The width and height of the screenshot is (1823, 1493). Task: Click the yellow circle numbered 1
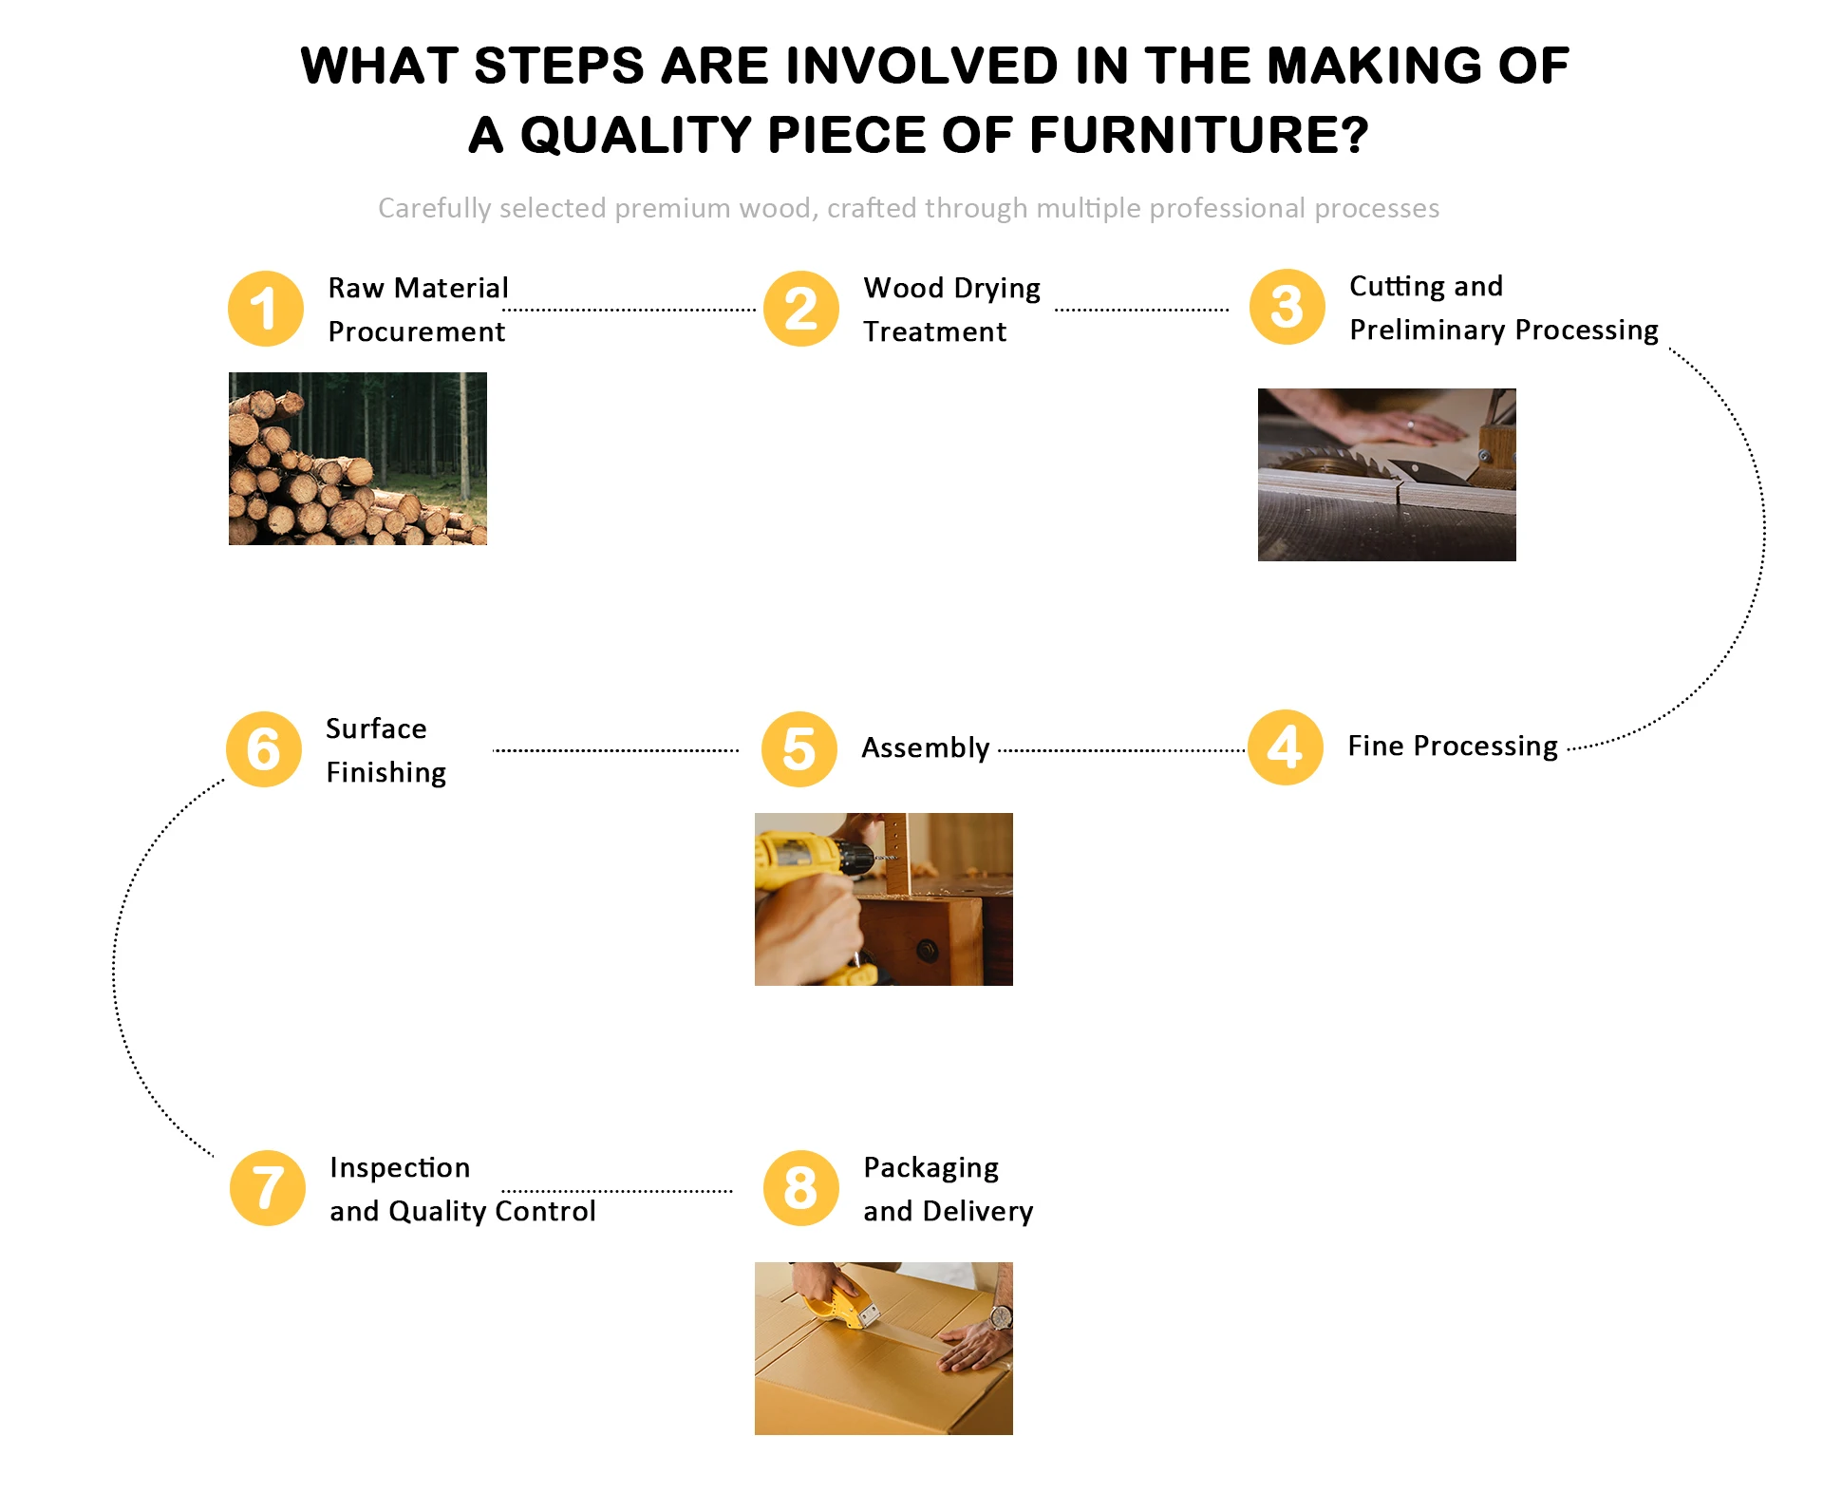click(266, 309)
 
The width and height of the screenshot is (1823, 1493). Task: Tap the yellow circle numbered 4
click(1285, 747)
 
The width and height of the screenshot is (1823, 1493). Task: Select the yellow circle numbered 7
click(268, 1188)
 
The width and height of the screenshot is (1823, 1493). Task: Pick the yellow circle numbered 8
click(800, 1188)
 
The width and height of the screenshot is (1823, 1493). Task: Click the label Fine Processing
click(1453, 746)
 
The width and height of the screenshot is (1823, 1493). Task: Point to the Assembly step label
click(925, 748)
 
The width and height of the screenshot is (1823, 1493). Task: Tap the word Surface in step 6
click(376, 728)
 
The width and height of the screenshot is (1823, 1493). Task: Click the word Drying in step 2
click(997, 289)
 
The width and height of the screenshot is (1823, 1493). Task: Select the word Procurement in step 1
click(416, 331)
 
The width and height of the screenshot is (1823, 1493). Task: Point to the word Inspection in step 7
click(400, 1167)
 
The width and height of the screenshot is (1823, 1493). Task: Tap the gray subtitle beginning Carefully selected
click(909, 208)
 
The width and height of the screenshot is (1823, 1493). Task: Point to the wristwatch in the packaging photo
click(1000, 1317)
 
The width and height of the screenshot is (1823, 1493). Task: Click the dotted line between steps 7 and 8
click(617, 1191)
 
